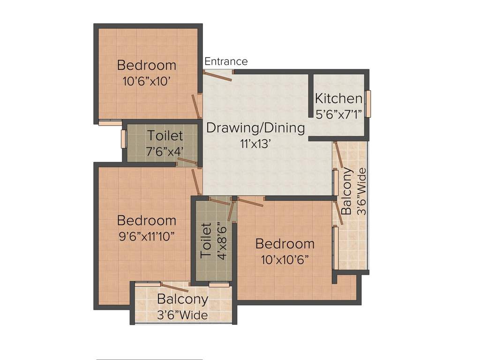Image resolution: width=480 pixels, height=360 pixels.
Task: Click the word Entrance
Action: pos(226,61)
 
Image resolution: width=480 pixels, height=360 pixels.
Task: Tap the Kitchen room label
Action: pos(338,99)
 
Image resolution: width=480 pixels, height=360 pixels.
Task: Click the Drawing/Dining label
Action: pos(255,127)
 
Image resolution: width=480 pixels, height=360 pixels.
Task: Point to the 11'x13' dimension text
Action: pos(255,144)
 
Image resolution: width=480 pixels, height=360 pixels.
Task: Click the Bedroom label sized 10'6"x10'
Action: pos(146,65)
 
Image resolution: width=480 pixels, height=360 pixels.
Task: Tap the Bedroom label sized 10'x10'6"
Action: pos(285,244)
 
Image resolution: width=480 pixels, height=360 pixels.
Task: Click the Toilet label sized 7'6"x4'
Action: pos(165,136)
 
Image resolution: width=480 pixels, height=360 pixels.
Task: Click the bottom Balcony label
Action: pos(182,299)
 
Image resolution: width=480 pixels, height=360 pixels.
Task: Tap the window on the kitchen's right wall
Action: pos(368,103)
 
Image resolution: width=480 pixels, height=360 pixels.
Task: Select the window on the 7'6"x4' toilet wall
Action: pos(123,139)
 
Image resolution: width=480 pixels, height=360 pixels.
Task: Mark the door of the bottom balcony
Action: pos(174,288)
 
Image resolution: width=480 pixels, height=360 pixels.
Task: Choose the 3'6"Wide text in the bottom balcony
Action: pos(182,315)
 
